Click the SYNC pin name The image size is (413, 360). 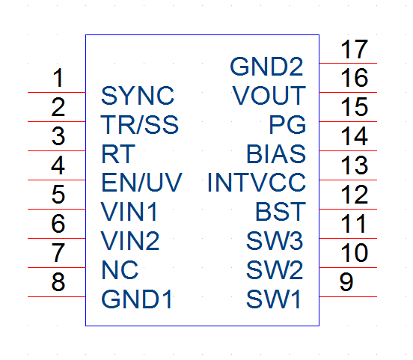click(x=138, y=95)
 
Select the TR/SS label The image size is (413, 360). click(x=140, y=125)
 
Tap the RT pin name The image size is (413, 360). click(x=118, y=154)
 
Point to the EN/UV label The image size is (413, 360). click(x=141, y=183)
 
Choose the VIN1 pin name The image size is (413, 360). click(x=129, y=212)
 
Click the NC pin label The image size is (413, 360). click(x=120, y=270)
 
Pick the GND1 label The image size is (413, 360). click(x=136, y=299)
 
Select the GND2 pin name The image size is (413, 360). click(x=266, y=67)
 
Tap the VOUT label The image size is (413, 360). click(x=269, y=95)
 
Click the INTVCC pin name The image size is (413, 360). click(x=257, y=183)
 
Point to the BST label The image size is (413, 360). click(x=281, y=212)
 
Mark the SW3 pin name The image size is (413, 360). click(x=275, y=241)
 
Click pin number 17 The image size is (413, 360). click(x=354, y=49)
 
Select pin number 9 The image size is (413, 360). click(x=346, y=282)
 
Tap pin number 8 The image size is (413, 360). click(x=58, y=282)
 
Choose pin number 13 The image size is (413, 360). click(x=354, y=165)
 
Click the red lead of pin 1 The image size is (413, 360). click(x=57, y=93)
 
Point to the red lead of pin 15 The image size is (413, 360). click(x=348, y=122)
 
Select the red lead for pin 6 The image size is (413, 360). click(x=57, y=238)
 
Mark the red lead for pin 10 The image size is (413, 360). click(x=348, y=267)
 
